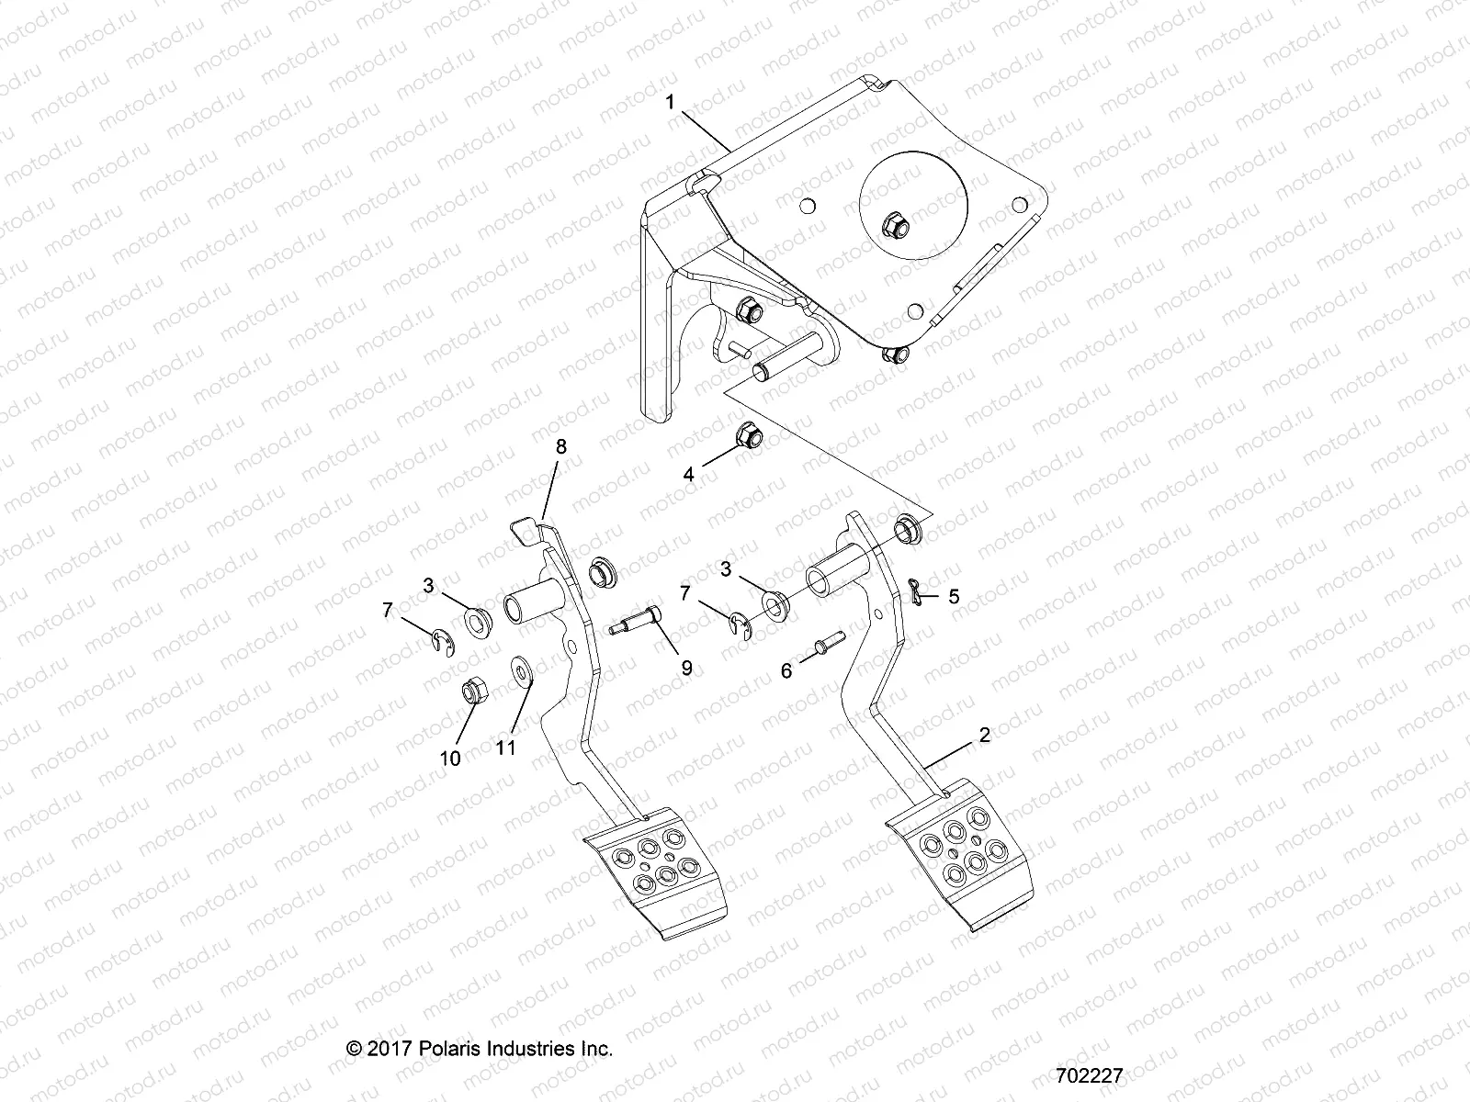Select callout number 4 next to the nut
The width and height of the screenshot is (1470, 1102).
click(x=688, y=475)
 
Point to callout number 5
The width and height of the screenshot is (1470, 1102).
click(x=954, y=597)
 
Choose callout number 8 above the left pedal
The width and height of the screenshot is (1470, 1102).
click(x=560, y=446)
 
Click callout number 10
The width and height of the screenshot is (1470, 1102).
click(x=450, y=759)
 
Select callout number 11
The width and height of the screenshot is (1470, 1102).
click(x=506, y=748)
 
